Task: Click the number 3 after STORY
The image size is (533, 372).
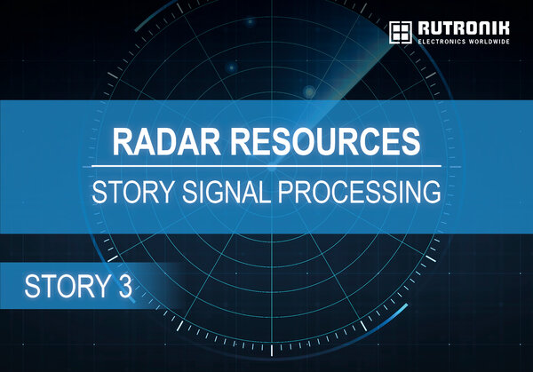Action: (x=124, y=287)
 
